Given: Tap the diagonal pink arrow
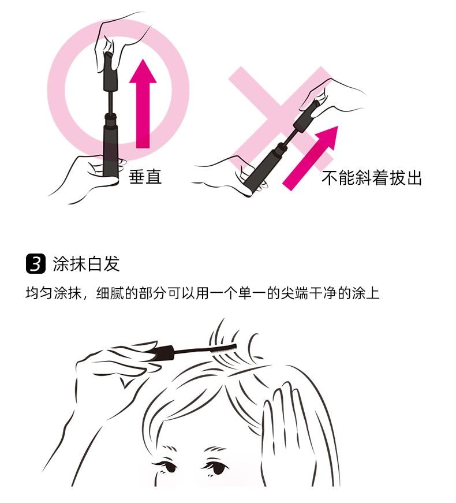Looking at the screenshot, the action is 311,158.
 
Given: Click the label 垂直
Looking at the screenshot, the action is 145,177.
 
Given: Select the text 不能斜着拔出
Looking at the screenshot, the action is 371,178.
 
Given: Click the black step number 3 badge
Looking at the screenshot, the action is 36,264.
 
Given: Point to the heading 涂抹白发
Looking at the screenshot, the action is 86,264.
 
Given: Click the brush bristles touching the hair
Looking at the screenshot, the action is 223,349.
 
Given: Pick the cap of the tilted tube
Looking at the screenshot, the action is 307,117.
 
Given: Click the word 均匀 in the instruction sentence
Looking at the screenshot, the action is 39,293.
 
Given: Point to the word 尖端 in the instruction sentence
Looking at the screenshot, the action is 294,293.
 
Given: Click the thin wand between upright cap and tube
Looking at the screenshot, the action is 111,102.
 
